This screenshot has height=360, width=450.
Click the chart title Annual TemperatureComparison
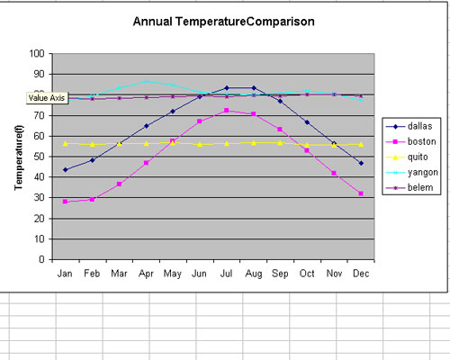224,22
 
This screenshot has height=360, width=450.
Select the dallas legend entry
409,126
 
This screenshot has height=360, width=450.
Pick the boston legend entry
410,141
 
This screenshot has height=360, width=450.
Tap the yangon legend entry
412,173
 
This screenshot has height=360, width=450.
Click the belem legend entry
409,188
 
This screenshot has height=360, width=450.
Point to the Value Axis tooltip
47,98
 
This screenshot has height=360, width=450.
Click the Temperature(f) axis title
19,157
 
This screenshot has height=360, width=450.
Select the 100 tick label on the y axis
37,54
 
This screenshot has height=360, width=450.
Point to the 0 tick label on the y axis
41,259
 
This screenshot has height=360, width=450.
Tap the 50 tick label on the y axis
40,157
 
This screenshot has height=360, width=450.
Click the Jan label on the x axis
65,274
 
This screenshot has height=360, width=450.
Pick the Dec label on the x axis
361,274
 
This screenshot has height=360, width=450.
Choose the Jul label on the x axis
226,274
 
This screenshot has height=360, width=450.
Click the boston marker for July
227,111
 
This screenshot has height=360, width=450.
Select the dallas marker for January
66,170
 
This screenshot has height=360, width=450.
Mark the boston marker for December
361,193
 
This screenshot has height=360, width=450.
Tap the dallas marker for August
254,88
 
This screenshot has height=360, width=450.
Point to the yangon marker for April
146,81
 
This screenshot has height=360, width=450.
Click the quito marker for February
92,144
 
